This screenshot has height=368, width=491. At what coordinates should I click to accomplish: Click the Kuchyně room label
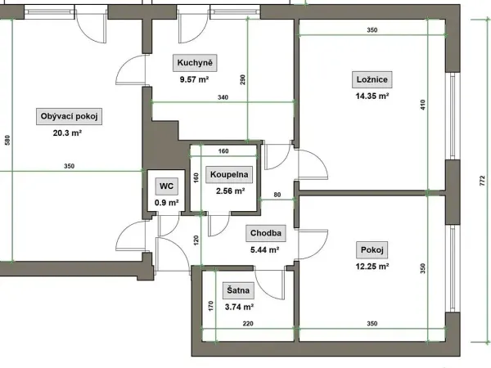pyautogui.click(x=195, y=63)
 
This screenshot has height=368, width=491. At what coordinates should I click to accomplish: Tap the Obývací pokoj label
pyautogui.click(x=70, y=116)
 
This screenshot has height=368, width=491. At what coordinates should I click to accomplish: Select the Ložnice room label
pyautogui.click(x=372, y=79)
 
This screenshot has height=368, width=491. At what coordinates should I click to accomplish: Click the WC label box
pyautogui.click(x=166, y=186)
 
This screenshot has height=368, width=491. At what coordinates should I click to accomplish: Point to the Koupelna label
pyautogui.click(x=229, y=175)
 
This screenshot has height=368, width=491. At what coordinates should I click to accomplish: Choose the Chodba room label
pyautogui.click(x=265, y=233)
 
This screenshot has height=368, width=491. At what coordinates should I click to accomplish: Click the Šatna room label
pyautogui.click(x=238, y=290)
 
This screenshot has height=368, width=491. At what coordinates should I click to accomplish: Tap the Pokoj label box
pyautogui.click(x=372, y=249)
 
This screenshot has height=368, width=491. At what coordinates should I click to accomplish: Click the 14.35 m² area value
pyautogui.click(x=372, y=96)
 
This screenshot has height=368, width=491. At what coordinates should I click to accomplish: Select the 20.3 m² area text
pyautogui.click(x=67, y=133)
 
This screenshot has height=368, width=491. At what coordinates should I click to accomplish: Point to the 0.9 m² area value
pyautogui.click(x=167, y=203)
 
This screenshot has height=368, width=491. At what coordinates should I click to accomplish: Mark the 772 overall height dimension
pyautogui.click(x=482, y=181)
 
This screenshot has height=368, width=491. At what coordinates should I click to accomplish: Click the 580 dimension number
pyautogui.click(x=7, y=140)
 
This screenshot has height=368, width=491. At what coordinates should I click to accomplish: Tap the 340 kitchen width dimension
pyautogui.click(x=223, y=97)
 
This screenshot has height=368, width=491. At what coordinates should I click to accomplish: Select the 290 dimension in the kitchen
pyautogui.click(x=243, y=80)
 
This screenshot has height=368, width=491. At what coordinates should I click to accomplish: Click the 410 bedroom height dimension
pyautogui.click(x=423, y=105)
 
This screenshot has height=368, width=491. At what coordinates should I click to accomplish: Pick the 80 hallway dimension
pyautogui.click(x=277, y=195)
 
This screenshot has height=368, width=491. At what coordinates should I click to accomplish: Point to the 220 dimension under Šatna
pyautogui.click(x=248, y=324)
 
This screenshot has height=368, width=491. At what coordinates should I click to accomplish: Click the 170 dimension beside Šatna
pyautogui.click(x=211, y=306)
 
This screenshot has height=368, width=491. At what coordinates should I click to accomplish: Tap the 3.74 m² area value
pyautogui.click(x=239, y=307)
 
